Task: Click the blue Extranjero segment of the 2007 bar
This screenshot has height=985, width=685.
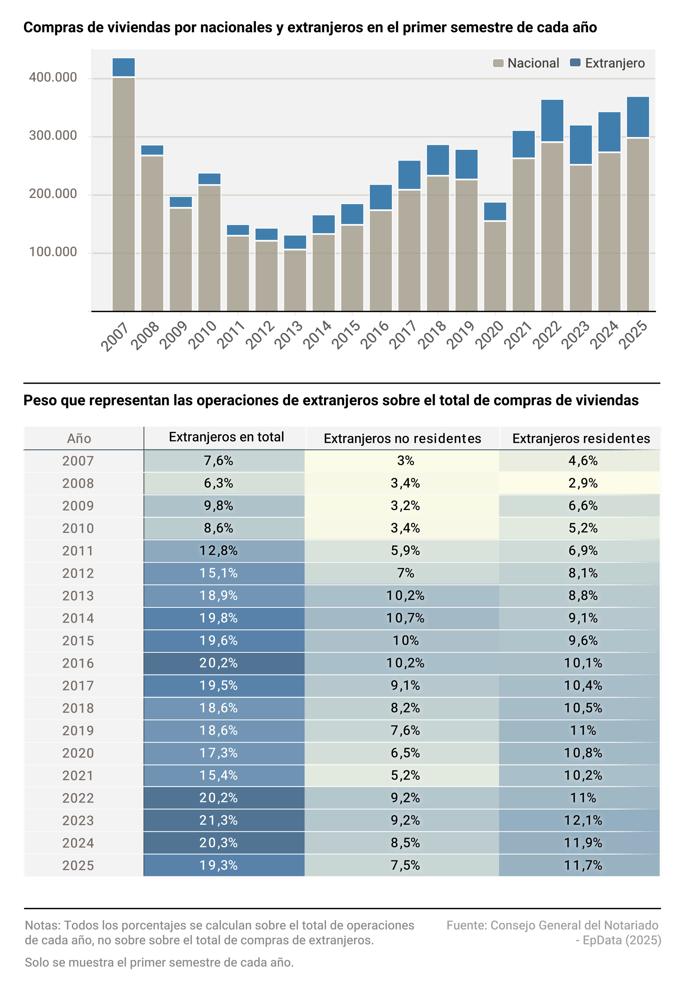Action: click(123, 67)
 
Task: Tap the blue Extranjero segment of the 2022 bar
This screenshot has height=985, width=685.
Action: click(552, 120)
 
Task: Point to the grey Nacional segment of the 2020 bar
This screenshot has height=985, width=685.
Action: click(495, 266)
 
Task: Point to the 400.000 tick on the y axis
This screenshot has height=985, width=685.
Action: click(53, 77)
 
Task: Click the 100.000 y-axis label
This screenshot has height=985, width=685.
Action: click(53, 252)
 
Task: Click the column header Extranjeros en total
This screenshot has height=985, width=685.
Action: click(226, 437)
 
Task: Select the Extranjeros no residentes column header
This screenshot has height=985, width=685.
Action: click(402, 438)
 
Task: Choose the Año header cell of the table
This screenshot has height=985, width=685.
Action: click(79, 438)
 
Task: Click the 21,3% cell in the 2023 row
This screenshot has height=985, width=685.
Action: click(218, 820)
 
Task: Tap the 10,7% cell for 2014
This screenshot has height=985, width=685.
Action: click(405, 618)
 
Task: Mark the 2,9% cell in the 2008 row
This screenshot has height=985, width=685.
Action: click(583, 483)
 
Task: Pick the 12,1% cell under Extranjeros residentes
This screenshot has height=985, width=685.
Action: click(583, 820)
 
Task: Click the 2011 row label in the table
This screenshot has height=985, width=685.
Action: click(78, 551)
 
